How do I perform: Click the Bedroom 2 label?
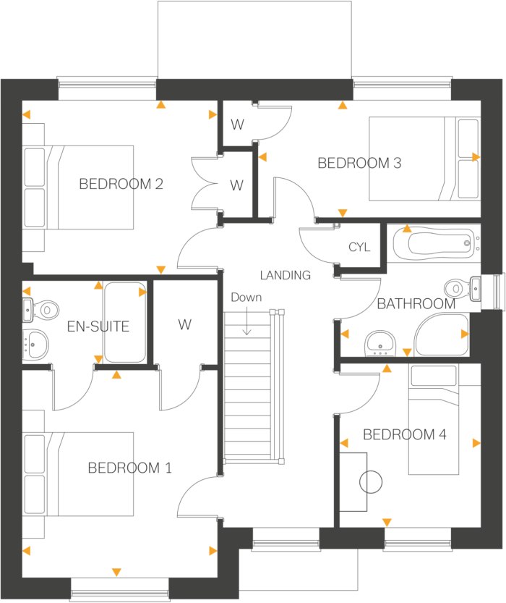[121, 184]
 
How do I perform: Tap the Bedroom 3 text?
[359, 164]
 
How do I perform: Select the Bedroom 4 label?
[404, 435]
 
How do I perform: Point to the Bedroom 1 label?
[129, 468]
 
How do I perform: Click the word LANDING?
[286, 275]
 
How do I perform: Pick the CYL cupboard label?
[359, 248]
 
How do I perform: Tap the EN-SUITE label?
[98, 326]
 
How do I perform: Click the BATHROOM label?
[416, 304]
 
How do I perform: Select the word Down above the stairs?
[246, 298]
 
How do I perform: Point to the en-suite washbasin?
[35, 343]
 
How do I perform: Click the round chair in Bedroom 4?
[370, 481]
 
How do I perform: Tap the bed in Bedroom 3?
[423, 159]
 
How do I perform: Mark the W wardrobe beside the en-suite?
[185, 325]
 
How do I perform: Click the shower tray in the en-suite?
[125, 323]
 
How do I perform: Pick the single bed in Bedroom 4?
[434, 420]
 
